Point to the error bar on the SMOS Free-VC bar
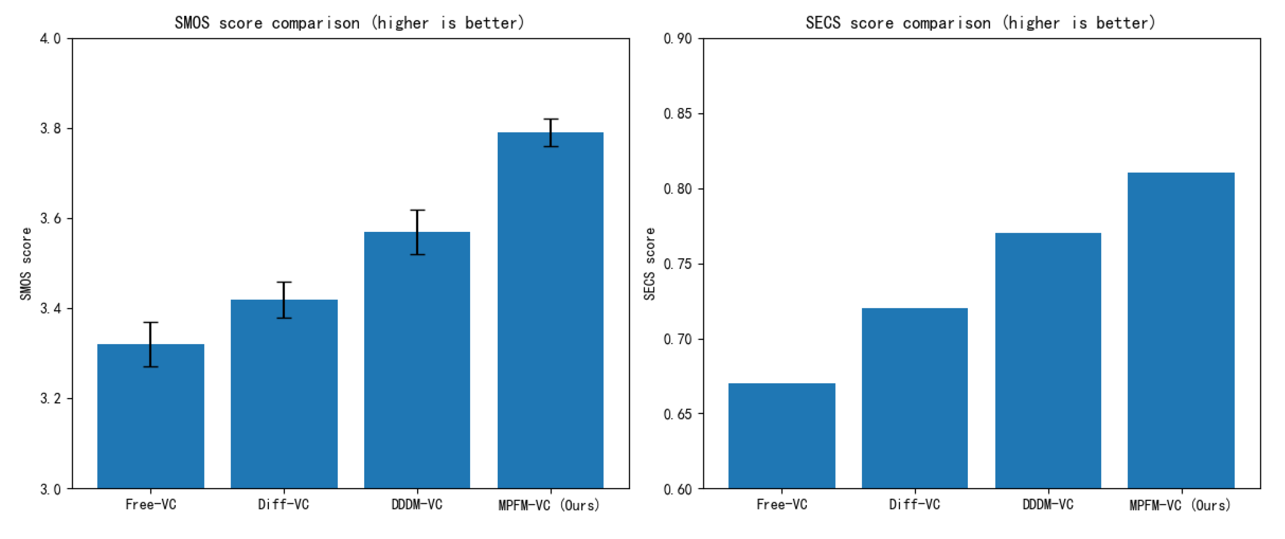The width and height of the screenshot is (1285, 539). (x=151, y=345)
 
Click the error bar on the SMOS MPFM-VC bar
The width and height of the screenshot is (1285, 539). (x=551, y=133)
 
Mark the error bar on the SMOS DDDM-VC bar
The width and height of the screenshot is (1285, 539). (x=418, y=232)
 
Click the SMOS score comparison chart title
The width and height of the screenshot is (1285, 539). (x=349, y=23)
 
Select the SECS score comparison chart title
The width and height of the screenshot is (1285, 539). (x=980, y=23)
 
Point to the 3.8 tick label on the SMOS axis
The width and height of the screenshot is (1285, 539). (x=50, y=129)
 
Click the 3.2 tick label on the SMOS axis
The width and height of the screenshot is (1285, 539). (x=50, y=399)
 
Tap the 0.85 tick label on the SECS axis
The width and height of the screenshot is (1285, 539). (x=677, y=114)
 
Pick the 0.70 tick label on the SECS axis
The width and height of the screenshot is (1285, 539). (x=677, y=339)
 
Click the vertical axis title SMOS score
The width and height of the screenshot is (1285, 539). (x=26, y=264)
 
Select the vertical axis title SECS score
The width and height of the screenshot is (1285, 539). (x=649, y=264)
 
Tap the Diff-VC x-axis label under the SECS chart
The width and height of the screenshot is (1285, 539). (x=914, y=505)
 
